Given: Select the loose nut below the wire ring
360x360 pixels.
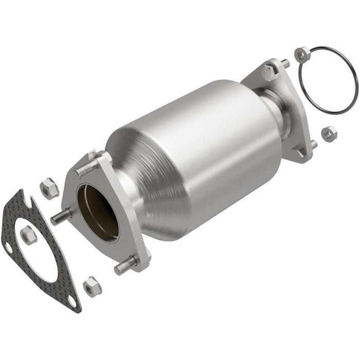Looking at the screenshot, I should point(329,134).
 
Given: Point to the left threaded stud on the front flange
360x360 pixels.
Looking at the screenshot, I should point(59,217).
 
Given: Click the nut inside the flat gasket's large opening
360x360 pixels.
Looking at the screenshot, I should point(28,235).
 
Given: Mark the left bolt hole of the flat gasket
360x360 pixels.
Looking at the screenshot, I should point(9,248).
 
